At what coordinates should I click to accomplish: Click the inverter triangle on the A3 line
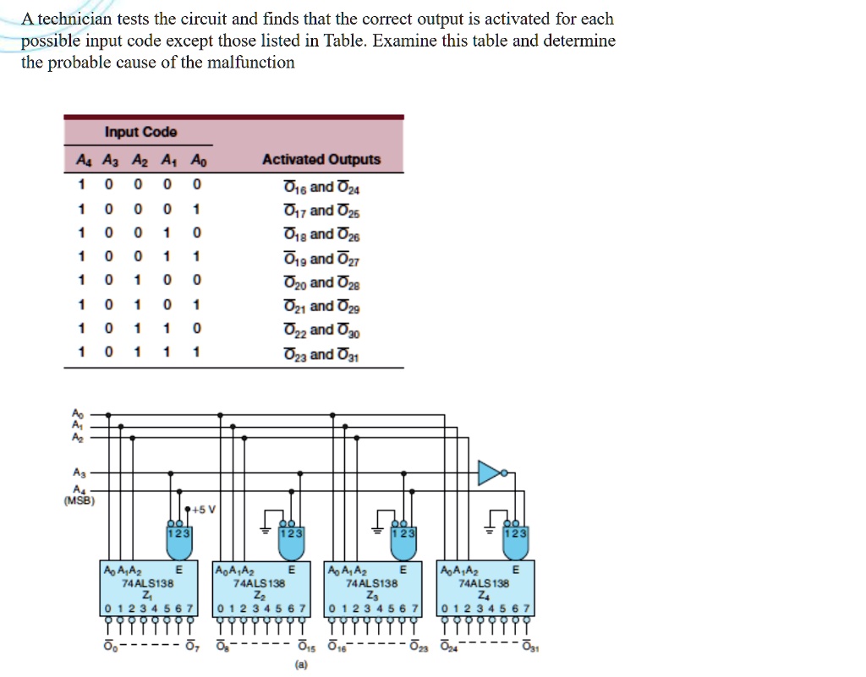tap(491, 473)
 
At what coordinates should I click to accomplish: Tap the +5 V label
tap(204, 509)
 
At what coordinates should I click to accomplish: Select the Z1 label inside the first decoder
tap(147, 594)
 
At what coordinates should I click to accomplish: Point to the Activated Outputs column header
tap(321, 160)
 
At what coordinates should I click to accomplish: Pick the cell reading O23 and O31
tap(322, 355)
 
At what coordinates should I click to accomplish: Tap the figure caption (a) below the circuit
tap(301, 665)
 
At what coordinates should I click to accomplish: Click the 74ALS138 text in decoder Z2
tap(260, 583)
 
